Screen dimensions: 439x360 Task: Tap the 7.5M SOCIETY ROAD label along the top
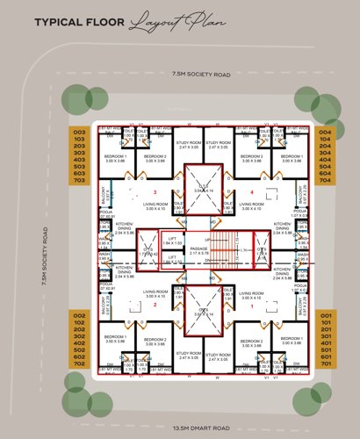[x=201, y=76]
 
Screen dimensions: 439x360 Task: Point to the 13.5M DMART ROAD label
[x=201, y=428]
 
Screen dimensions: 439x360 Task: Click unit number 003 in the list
[x=79, y=132]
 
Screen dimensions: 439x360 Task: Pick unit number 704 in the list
[x=325, y=179]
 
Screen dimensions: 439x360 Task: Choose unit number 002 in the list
[x=79, y=314]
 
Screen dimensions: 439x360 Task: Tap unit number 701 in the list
[x=325, y=362]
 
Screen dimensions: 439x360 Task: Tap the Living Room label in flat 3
[x=155, y=205]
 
